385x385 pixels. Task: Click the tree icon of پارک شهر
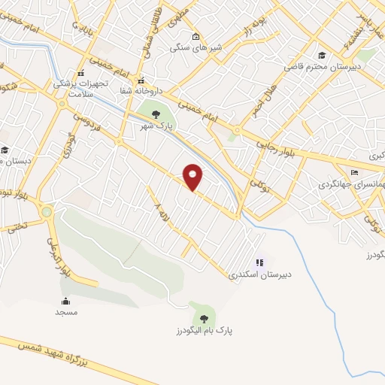point(156,114)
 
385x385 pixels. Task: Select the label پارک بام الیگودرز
point(202,330)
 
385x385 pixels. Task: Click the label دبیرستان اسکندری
point(260,274)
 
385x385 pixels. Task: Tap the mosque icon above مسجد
point(65,301)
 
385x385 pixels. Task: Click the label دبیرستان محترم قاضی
point(323,66)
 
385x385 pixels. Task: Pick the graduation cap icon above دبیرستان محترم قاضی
point(322,55)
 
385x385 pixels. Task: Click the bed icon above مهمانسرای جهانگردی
point(355,172)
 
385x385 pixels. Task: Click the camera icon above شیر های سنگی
point(196,37)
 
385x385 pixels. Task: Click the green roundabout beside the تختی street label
point(47,212)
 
